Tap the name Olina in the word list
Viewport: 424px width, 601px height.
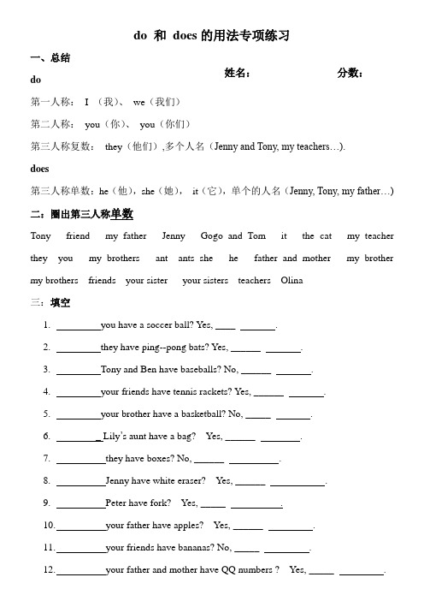click(x=292, y=280)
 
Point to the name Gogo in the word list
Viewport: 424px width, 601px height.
click(x=211, y=235)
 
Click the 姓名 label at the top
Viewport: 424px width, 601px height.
click(x=238, y=74)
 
